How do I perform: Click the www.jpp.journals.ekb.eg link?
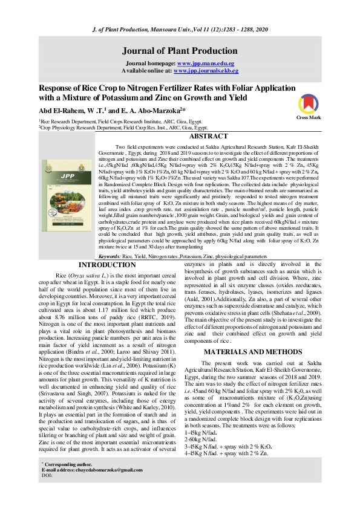point(206,71)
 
